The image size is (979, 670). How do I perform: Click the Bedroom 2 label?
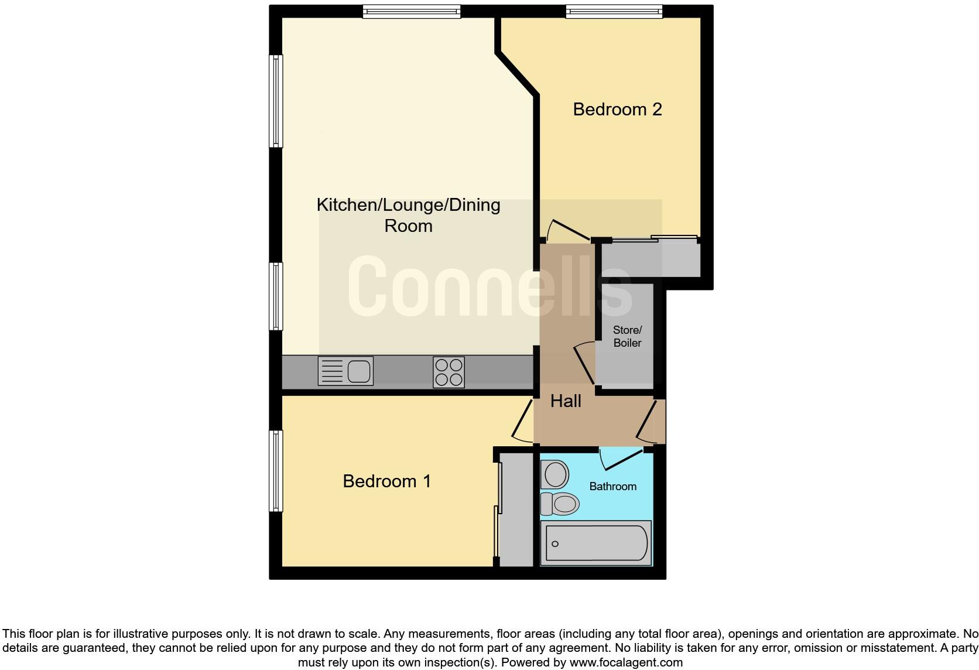coord(617,110)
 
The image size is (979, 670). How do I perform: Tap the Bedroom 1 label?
coord(386,481)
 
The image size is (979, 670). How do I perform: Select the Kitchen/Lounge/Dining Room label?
coord(408,215)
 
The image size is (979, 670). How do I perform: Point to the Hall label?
coord(566,401)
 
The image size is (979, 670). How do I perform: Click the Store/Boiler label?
coord(627,337)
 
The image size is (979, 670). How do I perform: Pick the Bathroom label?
coord(612,487)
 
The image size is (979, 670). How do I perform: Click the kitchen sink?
coord(345,371)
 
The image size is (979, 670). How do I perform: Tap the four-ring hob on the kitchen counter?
coord(449,372)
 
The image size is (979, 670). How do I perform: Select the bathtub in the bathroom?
coord(596,543)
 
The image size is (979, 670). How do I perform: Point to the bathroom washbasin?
coord(554,474)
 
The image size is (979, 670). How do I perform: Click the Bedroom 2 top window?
coord(614,11)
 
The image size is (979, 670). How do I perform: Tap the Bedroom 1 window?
coord(276,471)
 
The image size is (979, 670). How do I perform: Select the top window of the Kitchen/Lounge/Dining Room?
coord(411,11)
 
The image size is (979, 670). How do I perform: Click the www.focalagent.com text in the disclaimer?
coord(625,663)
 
